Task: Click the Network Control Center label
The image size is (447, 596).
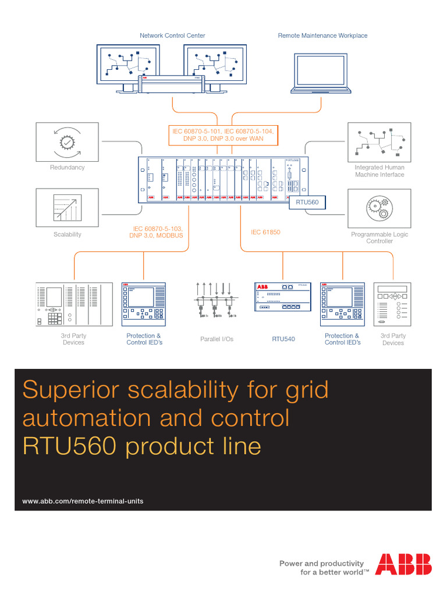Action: [x=172, y=36]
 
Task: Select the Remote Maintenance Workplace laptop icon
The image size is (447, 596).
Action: [x=322, y=73]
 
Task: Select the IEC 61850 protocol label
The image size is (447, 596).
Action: [x=265, y=232]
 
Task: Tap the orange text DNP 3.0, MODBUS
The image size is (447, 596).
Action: [x=156, y=236]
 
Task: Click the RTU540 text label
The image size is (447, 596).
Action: [x=283, y=339]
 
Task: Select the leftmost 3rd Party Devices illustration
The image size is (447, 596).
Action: [x=73, y=304]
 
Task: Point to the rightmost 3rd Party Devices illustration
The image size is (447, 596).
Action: [x=393, y=304]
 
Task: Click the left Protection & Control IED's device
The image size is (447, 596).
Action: [x=144, y=304]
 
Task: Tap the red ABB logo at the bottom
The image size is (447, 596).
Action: [x=403, y=564]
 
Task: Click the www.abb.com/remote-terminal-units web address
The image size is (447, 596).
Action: [x=83, y=501]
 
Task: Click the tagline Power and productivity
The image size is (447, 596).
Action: [x=321, y=563]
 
